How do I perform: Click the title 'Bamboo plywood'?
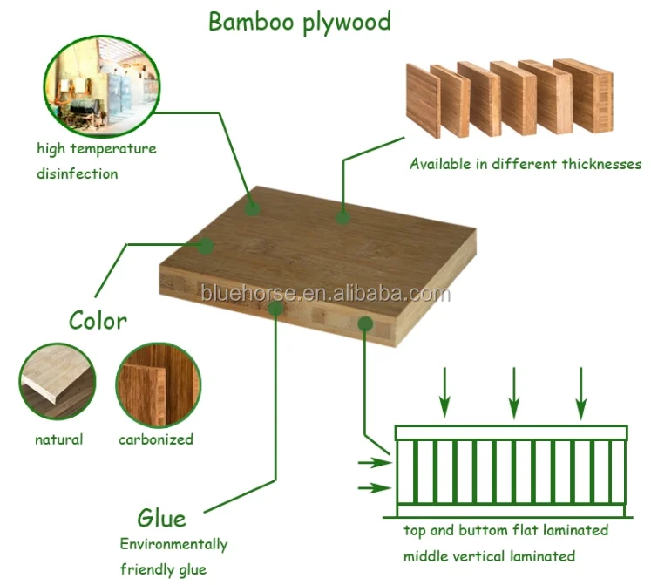click(299, 22)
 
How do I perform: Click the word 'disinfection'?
click(77, 173)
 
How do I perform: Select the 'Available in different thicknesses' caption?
click(526, 164)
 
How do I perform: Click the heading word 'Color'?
click(98, 320)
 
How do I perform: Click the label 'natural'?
click(58, 439)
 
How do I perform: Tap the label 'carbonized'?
click(156, 439)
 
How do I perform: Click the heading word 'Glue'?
click(161, 518)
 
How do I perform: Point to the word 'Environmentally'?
click(173, 545)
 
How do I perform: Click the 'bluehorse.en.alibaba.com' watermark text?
click(324, 294)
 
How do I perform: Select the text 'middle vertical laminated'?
click(489, 556)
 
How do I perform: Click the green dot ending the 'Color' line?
click(206, 247)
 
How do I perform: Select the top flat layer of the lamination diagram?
click(511, 432)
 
